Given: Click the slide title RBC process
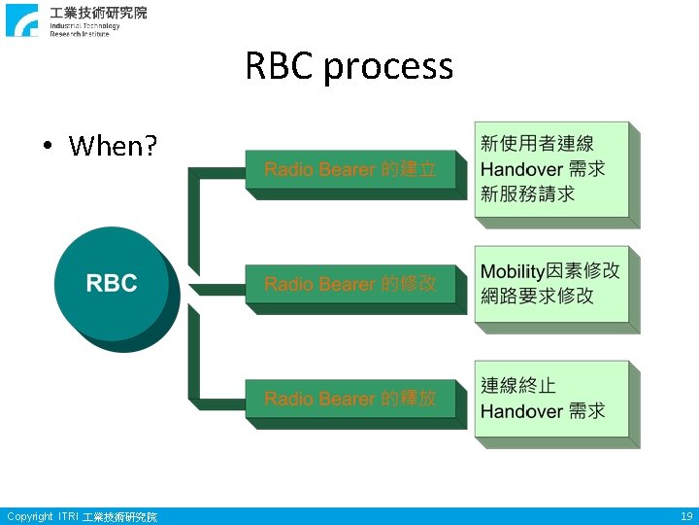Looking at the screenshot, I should (349, 66).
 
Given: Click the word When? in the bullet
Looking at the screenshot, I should (114, 146).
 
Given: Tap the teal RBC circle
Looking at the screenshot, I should (112, 284).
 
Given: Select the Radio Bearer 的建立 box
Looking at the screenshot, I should (350, 170).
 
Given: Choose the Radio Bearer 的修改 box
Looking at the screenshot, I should (350, 284).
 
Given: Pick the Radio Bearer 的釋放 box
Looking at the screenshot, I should (350, 399).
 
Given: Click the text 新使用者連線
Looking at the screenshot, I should (537, 144).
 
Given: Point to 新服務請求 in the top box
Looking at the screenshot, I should (528, 192).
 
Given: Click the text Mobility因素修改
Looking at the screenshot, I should (549, 270).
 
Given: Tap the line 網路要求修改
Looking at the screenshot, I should (537, 296).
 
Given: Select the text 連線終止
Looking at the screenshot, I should (518, 386).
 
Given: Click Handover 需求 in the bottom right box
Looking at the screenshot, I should (543, 411).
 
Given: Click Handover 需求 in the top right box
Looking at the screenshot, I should (543, 168).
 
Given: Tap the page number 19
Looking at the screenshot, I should (686, 516).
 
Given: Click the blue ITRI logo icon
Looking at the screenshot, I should (22, 19).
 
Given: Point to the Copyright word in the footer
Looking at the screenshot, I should (29, 516).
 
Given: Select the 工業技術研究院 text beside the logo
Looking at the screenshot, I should (98, 13).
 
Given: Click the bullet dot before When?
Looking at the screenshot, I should (47, 147).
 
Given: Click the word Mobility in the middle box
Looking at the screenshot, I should (513, 270).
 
